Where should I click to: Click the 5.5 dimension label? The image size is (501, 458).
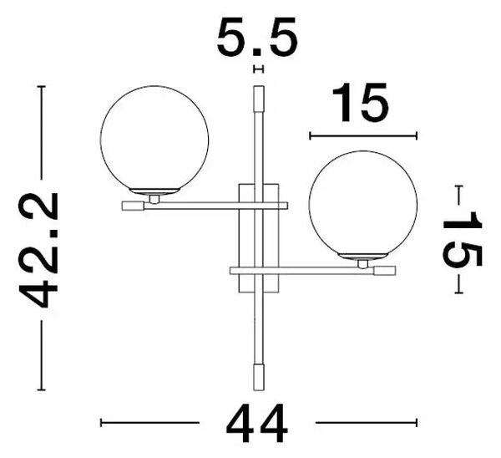257,36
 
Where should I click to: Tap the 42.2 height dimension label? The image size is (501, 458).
38,250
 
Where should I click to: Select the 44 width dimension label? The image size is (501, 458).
257,423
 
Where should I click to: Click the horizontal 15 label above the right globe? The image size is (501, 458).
361,102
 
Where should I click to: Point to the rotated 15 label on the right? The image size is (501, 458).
462,239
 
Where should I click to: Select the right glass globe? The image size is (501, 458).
363,205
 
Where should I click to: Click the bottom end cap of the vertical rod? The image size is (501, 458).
259,377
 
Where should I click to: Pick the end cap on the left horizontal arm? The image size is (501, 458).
133,206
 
